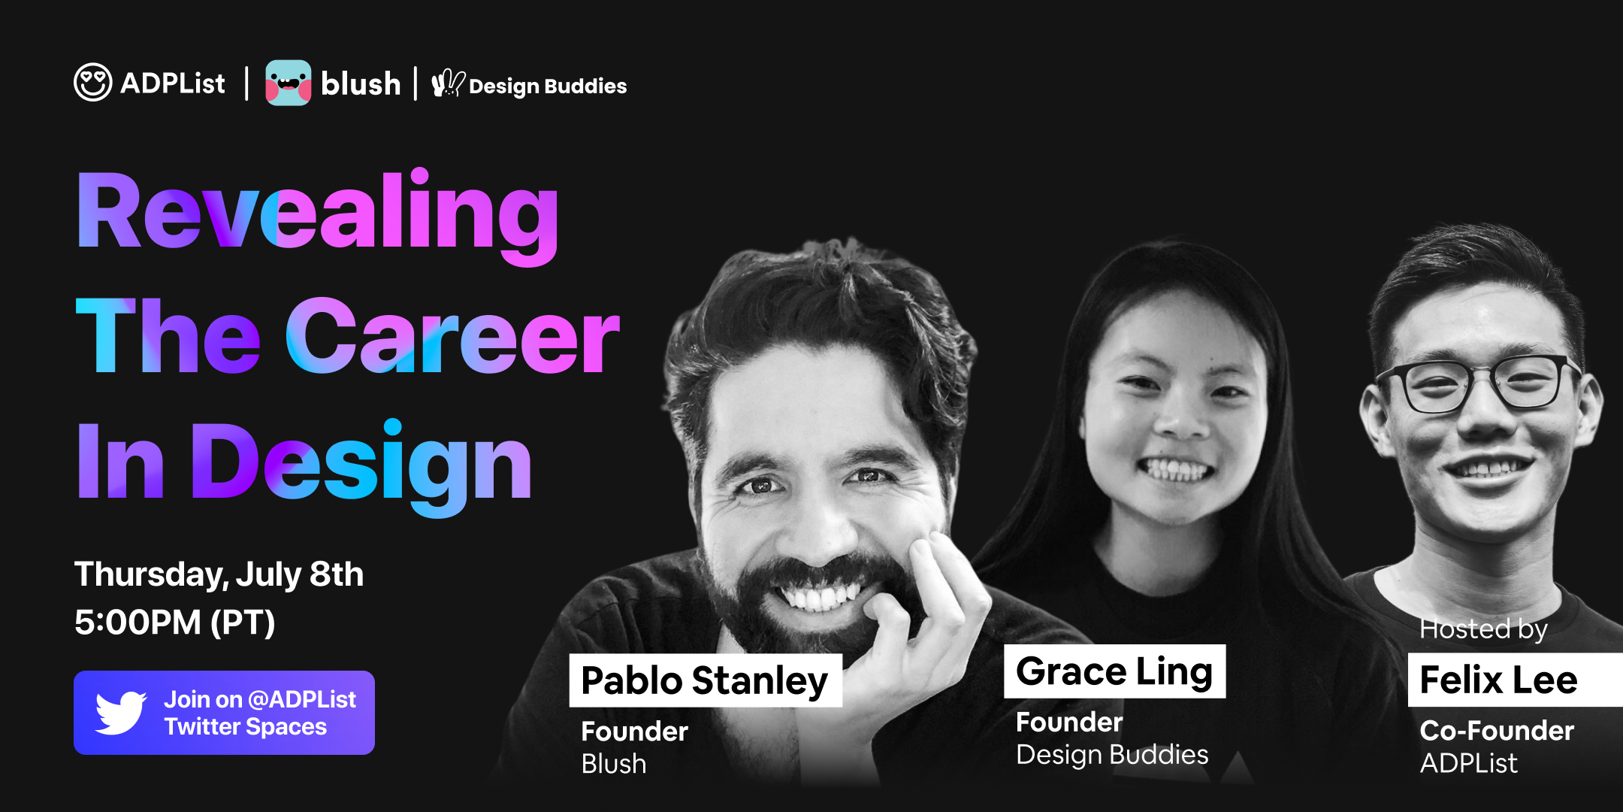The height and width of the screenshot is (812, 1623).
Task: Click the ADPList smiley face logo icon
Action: pos(93,82)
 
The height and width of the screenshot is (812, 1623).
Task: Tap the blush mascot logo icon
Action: pos(288,83)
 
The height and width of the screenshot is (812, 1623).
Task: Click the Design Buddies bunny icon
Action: pos(448,83)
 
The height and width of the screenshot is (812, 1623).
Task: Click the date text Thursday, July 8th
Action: pos(219,574)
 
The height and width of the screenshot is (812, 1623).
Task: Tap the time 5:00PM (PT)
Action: pos(174,623)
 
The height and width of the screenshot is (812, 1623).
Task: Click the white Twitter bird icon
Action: pos(120,712)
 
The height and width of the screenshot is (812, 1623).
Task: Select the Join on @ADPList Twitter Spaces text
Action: pos(259,713)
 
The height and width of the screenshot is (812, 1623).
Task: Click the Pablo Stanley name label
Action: pos(705,680)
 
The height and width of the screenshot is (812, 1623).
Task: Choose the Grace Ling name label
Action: pos(1114,671)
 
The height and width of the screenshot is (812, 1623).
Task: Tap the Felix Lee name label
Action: pos(1498,680)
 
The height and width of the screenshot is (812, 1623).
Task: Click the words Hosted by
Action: pos(1483,629)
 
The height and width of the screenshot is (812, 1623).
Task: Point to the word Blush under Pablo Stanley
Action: pos(614,764)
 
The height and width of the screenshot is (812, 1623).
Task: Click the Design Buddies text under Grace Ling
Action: pos(1112,755)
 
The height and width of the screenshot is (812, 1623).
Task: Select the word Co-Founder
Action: pos(1497,731)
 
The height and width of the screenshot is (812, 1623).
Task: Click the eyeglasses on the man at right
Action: pos(1479,383)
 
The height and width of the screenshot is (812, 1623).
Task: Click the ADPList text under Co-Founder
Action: pos(1468,764)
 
